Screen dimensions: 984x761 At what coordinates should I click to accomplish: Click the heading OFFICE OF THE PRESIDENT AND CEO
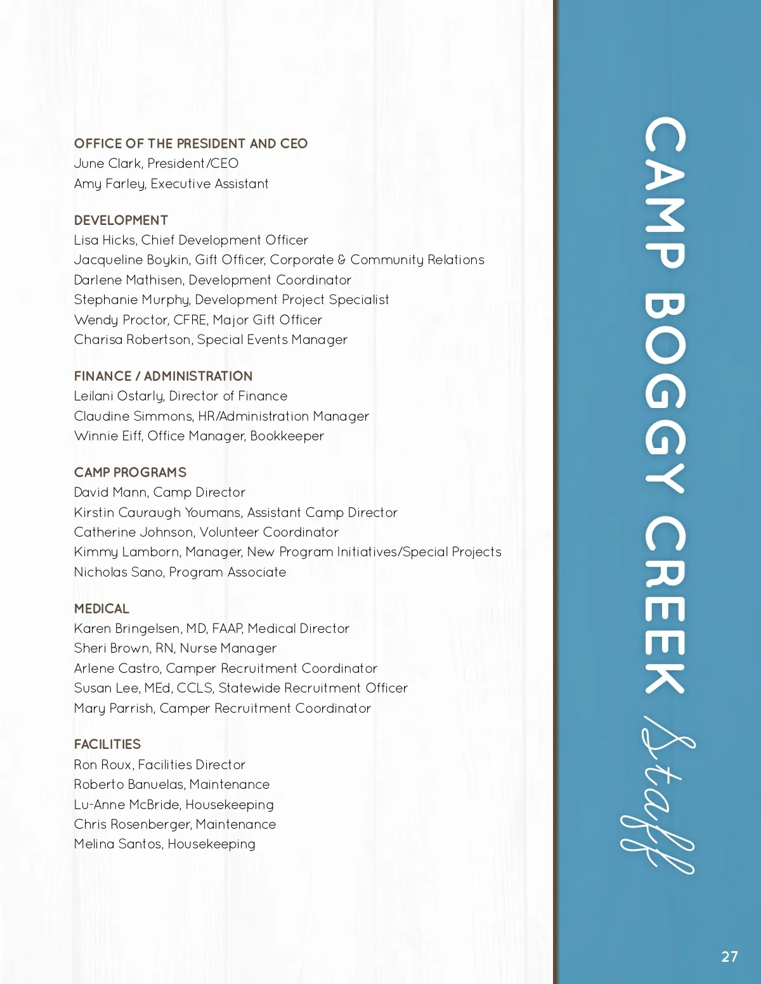190,144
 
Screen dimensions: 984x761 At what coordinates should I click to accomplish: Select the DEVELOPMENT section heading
120,220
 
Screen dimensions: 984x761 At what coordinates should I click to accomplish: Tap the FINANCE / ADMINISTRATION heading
163,376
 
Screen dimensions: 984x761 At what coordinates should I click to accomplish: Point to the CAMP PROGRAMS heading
130,473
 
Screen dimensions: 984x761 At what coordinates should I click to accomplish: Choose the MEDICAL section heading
101,609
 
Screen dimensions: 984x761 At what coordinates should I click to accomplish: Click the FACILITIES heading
107,744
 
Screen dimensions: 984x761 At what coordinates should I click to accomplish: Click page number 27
729,957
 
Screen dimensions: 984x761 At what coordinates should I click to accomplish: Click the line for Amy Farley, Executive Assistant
171,184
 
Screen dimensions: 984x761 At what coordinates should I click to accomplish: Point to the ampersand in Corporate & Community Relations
342,260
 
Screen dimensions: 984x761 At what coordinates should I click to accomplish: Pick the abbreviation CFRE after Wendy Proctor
190,320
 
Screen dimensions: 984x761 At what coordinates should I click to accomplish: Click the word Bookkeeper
287,436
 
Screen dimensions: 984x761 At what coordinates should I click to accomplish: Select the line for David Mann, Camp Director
159,492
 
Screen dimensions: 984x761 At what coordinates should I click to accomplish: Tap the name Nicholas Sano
119,572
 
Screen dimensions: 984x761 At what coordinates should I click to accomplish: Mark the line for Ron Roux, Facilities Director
159,765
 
